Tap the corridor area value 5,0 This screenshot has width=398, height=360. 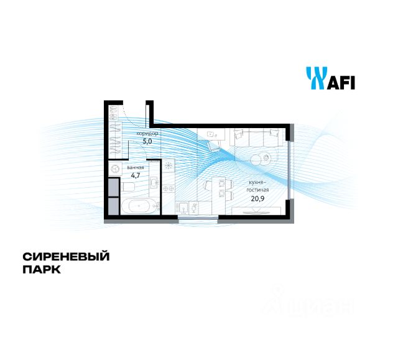[x=147, y=141]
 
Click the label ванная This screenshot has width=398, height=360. [x=136, y=167]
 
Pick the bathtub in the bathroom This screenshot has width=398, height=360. [x=135, y=207]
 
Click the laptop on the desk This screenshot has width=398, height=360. [x=210, y=132]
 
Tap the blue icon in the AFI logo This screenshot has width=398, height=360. [x=314, y=78]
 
